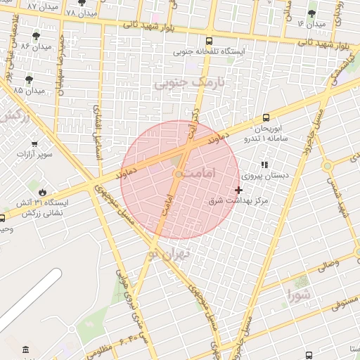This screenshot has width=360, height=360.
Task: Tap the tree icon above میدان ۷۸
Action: (90, 4)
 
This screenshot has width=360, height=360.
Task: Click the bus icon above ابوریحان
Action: (266, 118)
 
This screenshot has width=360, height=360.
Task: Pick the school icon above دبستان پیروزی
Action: (264, 164)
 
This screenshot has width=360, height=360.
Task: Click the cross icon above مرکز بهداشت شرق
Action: (239, 190)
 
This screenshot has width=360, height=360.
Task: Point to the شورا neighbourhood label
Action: (297, 295)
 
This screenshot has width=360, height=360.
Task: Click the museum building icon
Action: (26, 350)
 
